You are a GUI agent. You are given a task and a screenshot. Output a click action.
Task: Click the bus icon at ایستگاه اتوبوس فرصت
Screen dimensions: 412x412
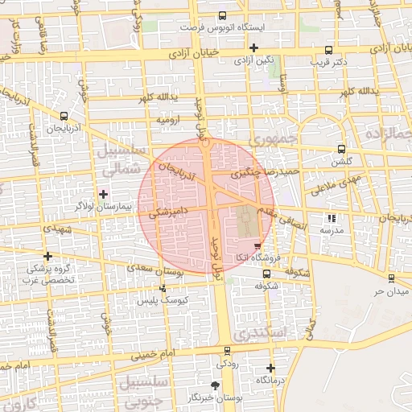point(223,15)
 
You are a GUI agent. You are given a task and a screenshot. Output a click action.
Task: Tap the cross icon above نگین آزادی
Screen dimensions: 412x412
point(253,48)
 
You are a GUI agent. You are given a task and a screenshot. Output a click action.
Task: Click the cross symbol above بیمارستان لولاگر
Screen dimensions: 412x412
point(102,193)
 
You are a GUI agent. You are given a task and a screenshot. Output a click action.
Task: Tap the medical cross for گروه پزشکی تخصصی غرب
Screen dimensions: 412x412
point(47,256)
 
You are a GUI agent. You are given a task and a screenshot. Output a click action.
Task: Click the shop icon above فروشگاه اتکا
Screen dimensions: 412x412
point(257,245)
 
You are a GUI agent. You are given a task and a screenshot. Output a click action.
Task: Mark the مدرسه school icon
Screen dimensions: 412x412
point(332,217)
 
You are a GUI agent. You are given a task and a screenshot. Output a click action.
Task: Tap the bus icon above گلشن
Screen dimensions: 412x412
point(341,149)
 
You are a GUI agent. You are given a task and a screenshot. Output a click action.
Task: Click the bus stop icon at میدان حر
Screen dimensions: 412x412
point(391,278)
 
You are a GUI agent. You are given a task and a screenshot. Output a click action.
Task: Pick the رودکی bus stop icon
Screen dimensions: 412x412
point(227,350)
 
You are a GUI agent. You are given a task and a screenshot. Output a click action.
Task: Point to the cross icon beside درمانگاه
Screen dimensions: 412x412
point(270,368)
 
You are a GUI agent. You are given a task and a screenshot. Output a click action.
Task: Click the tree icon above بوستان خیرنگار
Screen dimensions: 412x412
point(214,385)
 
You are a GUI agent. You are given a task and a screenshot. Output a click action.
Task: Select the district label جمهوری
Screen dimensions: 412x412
point(273,138)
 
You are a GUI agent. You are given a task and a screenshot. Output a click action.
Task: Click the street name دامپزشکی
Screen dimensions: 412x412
point(170,213)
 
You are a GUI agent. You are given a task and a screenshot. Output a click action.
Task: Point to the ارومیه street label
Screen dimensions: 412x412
point(167,120)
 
